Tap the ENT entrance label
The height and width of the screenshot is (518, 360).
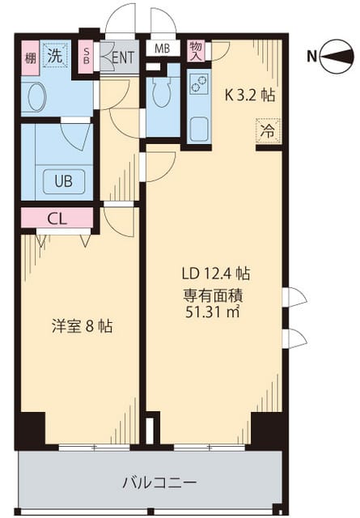pos(122,57)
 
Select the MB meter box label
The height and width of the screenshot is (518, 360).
pos(163,49)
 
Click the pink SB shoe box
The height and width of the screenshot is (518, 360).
pos(87,57)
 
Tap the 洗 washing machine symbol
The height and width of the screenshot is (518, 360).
pos(55,56)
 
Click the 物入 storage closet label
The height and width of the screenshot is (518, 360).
pos(197,50)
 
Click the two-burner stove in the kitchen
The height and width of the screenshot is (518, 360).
pos(199,84)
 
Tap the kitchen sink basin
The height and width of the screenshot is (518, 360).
pos(199,129)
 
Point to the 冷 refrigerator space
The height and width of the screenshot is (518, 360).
pos(268,131)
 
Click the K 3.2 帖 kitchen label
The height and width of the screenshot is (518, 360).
pos(249,96)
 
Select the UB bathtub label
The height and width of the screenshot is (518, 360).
pos(64,180)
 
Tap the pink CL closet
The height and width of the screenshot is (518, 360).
pos(57,218)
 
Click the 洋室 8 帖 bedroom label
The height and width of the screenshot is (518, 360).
pos(82,326)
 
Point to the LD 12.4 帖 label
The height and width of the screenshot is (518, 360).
pos(216,274)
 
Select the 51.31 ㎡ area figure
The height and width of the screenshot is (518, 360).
pos(213,312)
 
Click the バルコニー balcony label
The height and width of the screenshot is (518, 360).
pos(159,482)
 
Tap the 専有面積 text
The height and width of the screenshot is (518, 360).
pos(214,295)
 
